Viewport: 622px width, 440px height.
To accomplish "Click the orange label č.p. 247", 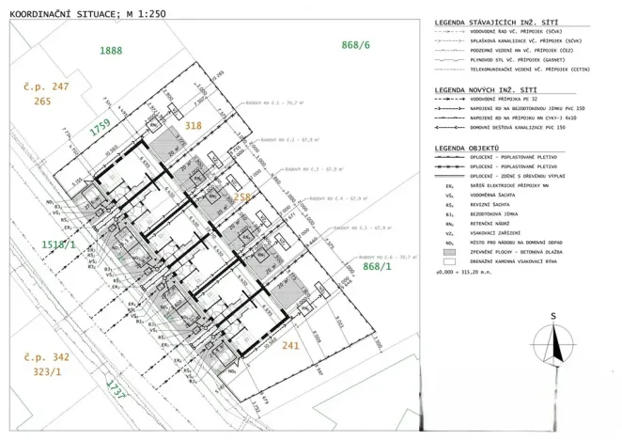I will pos(46,86).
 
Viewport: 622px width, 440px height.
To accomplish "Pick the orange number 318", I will pos(194,124).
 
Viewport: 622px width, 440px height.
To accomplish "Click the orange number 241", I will pos(290,345).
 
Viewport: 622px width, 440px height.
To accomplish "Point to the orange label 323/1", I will pos(46,372).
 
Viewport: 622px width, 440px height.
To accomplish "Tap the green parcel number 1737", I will pos(116,389).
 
